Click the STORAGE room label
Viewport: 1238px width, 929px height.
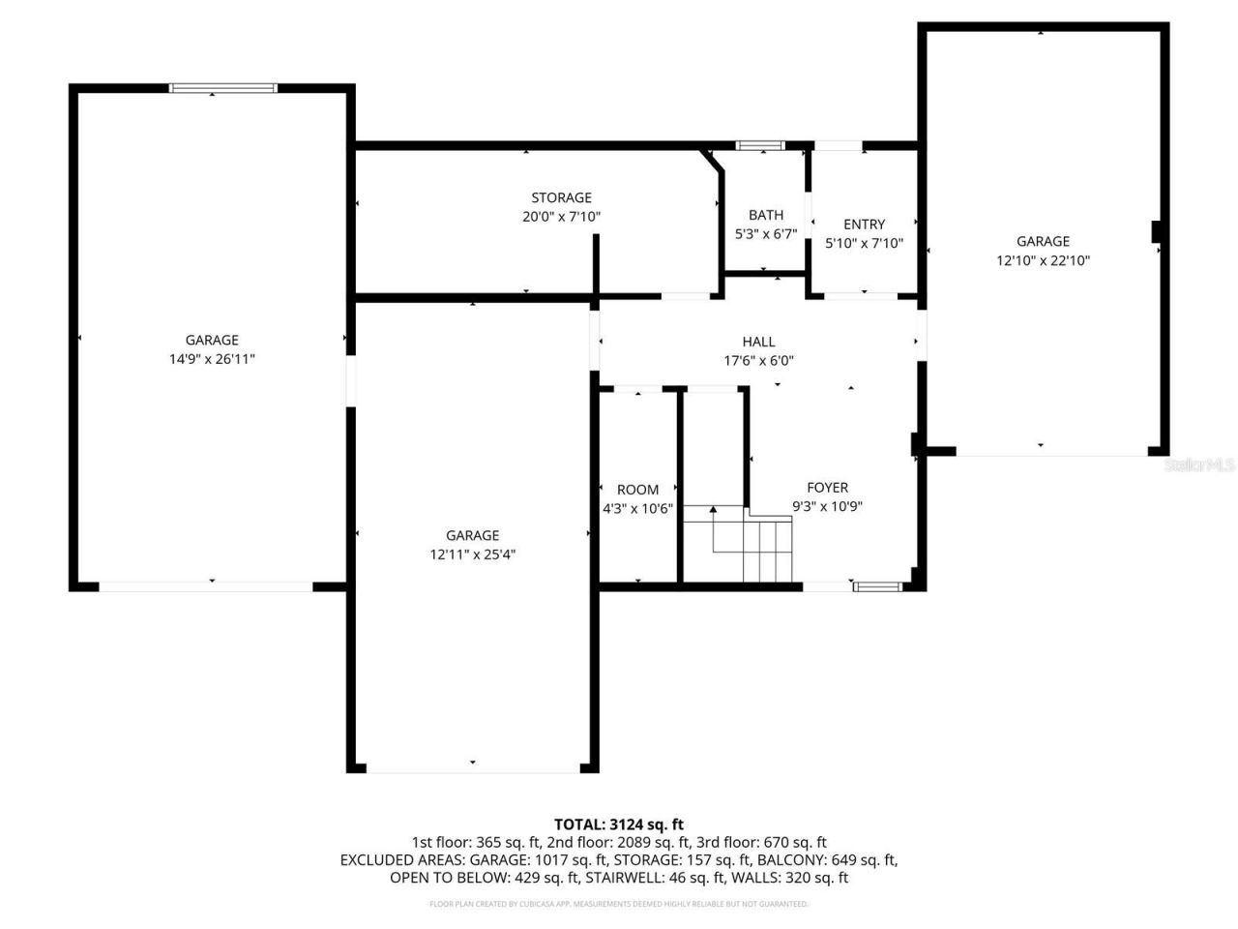[561, 197]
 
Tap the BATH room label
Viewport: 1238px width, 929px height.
[765, 215]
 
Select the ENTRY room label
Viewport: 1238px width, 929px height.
[864, 224]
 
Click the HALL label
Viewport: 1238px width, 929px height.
[758, 342]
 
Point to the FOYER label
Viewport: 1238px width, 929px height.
[827, 488]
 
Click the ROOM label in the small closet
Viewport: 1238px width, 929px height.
[637, 490]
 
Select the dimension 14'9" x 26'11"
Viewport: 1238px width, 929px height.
[212, 359]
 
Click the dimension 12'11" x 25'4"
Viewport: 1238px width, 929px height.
[472, 554]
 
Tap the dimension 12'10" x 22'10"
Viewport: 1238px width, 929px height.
[1043, 260]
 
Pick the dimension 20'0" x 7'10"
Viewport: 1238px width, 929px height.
[561, 217]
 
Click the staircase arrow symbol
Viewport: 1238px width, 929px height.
[714, 511]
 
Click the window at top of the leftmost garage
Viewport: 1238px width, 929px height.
[223, 88]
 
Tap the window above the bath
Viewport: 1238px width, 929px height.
[759, 145]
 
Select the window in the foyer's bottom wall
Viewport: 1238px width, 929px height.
[878, 585]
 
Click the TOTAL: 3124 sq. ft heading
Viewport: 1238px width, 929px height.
[618, 824]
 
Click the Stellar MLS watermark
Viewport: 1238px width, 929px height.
[1199, 465]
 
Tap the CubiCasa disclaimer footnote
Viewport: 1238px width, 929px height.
[618, 904]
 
